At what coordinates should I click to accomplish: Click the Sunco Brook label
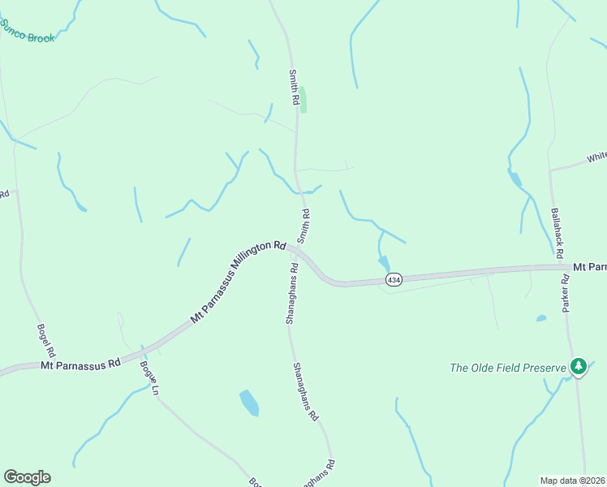coord(28,33)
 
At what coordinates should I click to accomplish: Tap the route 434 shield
coord(394,280)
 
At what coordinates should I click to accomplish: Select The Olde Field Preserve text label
coord(507,368)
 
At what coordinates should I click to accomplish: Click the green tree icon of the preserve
coord(578,367)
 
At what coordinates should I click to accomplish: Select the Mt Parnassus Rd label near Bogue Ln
coord(80,364)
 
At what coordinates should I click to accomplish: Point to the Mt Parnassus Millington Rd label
coord(239,282)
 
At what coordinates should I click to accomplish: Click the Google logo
coord(27,477)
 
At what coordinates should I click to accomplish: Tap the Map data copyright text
coord(573,481)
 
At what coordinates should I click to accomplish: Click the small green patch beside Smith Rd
coord(305,100)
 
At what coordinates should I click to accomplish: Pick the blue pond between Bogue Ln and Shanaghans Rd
coord(249,403)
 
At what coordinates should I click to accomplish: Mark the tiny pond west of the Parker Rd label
coord(541,318)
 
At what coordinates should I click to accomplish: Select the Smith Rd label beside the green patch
coord(295,86)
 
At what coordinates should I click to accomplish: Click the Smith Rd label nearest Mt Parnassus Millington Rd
coord(304,226)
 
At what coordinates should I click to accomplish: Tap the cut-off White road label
coord(596,157)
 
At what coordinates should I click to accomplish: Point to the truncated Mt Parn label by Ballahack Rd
coord(589,266)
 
